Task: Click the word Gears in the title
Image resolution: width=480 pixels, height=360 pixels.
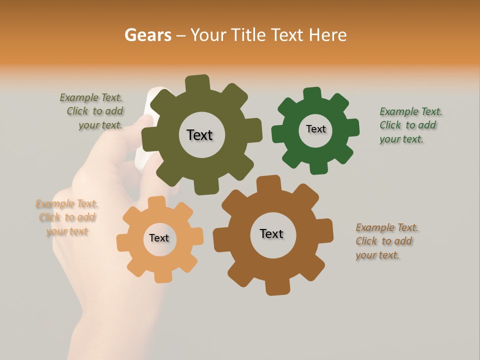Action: [x=147, y=35]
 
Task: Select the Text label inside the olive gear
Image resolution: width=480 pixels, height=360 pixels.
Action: [x=199, y=135]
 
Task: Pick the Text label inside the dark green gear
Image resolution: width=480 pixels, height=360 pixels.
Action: [x=315, y=129]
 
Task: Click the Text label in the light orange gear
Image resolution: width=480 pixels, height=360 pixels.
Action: [x=159, y=238]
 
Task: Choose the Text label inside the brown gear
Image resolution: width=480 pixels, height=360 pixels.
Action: [x=271, y=233]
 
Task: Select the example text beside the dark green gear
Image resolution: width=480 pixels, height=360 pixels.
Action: [x=410, y=125]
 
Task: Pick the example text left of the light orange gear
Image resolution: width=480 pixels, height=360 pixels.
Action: [x=67, y=217]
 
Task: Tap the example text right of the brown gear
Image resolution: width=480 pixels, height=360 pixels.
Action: [x=386, y=241]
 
